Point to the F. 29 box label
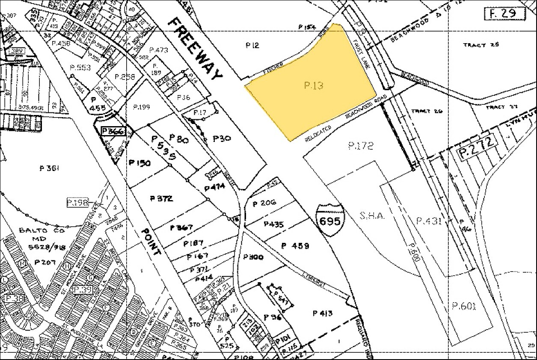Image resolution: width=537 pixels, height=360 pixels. tap(505, 13)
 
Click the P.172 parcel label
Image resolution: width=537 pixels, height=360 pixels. tap(360, 146)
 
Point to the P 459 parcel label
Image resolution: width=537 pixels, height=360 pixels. tap(295, 245)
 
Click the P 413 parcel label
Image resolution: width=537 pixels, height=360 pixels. tap(323, 313)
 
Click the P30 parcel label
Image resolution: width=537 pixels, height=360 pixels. tap(222, 139)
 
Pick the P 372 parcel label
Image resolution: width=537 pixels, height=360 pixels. tap(161, 198)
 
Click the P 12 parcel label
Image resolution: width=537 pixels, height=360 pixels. tap(252, 45)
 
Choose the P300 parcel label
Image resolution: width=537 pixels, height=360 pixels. tap(253, 257)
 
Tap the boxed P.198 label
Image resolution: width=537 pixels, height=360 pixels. tap(77, 201)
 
